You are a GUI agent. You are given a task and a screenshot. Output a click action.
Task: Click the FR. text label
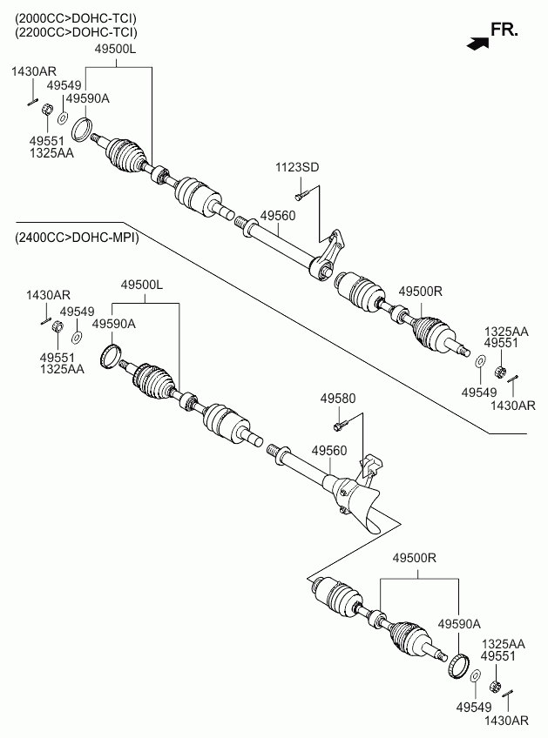504,30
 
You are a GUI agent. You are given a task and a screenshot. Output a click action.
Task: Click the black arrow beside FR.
477,43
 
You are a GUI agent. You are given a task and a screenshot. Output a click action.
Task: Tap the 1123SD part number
297,167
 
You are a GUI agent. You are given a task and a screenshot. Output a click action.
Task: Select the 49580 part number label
338,399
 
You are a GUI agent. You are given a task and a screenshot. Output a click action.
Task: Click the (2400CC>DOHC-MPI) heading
77,238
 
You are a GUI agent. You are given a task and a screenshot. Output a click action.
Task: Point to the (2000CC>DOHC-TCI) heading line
76,18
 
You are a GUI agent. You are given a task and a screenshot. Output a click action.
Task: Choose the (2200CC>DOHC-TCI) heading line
76,32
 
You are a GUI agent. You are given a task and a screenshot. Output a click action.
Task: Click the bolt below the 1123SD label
301,193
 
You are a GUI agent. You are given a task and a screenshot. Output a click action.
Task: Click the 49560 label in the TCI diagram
278,216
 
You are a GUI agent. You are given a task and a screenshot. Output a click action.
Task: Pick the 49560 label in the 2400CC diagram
329,451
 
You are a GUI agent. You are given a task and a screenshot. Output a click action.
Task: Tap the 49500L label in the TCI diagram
115,49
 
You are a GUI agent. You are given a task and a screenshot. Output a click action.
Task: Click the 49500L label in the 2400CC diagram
142,285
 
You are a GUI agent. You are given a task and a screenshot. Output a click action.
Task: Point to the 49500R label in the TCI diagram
420,292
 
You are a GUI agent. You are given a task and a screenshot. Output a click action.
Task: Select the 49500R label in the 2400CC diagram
415,558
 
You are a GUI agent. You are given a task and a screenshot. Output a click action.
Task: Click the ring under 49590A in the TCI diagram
82,130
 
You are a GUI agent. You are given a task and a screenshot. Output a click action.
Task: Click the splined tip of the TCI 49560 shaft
240,221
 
